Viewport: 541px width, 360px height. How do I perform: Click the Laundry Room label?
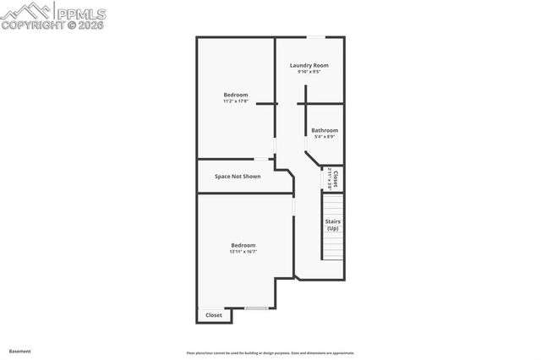click(x=309, y=65)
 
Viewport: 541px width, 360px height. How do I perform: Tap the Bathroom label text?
click(x=325, y=130)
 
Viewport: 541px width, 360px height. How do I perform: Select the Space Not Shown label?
click(x=238, y=177)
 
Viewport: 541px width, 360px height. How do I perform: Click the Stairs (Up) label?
click(x=333, y=225)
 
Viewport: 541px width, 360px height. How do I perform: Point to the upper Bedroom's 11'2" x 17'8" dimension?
click(x=236, y=101)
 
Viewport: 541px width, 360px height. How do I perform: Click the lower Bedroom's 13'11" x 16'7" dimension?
click(x=243, y=251)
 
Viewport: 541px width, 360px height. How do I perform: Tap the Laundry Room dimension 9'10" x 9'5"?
click(x=309, y=72)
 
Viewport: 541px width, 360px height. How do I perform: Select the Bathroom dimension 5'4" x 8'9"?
click(x=325, y=137)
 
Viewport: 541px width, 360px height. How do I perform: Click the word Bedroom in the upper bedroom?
click(x=236, y=95)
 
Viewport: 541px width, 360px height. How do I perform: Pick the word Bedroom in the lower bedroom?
click(x=243, y=245)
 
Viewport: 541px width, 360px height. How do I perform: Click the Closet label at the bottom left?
click(x=214, y=315)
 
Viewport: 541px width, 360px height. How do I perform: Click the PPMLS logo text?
click(x=82, y=13)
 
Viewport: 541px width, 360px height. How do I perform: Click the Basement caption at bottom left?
click(x=19, y=351)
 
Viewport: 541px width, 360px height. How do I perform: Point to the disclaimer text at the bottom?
click(x=270, y=353)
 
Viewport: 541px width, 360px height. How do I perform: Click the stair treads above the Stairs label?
click(x=333, y=205)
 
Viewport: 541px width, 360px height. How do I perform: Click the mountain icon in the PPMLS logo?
click(x=26, y=11)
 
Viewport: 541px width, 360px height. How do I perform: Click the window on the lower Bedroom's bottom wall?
click(x=256, y=308)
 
